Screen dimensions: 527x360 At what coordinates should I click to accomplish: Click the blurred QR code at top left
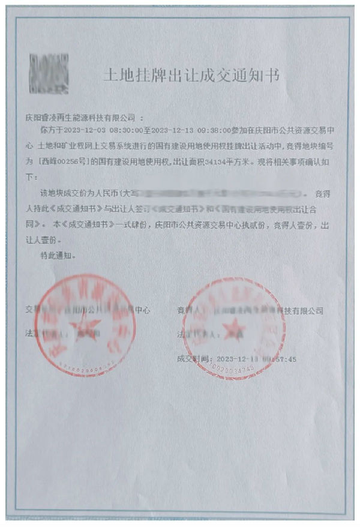point(49,73)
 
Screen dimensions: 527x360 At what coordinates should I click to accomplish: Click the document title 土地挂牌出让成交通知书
point(191,75)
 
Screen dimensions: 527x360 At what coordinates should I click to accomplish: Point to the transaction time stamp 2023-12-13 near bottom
point(237,359)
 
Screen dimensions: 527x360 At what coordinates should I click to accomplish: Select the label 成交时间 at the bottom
point(193,359)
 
